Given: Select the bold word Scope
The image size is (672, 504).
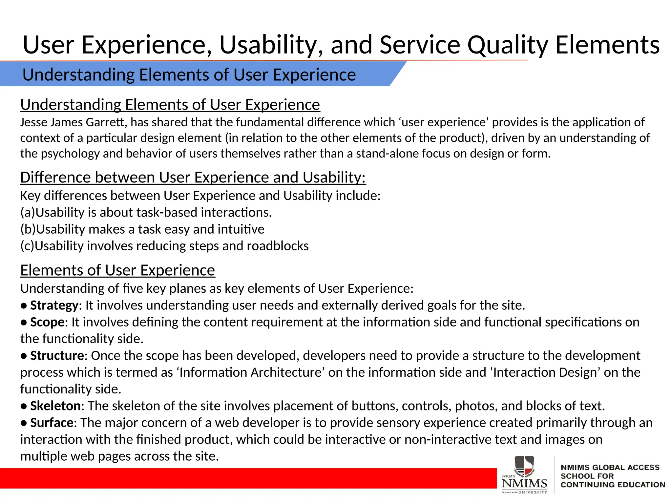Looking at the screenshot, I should (x=47, y=322).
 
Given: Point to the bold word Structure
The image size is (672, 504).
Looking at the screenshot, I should (x=57, y=356).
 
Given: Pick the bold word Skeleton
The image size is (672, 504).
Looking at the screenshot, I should (x=55, y=406).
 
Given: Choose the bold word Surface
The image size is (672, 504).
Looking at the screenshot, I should (x=52, y=423).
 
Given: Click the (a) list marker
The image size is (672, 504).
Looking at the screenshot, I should (x=28, y=213).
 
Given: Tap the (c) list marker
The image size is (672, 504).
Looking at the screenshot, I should (x=27, y=246).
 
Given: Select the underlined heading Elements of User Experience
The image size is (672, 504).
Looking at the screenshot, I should (x=117, y=270).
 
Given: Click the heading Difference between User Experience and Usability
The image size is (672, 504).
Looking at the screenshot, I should (x=193, y=178).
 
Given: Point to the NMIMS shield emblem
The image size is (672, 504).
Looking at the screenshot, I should (x=524, y=466).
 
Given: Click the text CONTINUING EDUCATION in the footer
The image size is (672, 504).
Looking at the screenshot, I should (x=613, y=485).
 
